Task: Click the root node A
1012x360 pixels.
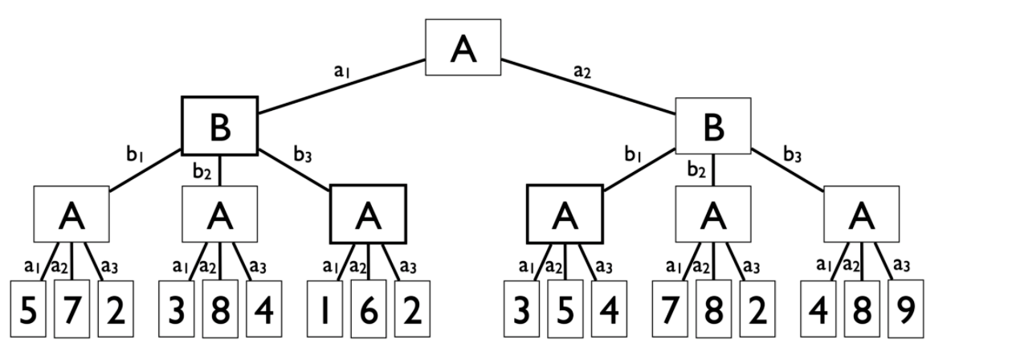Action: pyautogui.click(x=463, y=47)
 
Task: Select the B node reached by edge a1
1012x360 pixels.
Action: pyautogui.click(x=219, y=125)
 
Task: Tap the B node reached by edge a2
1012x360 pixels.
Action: pyautogui.click(x=712, y=126)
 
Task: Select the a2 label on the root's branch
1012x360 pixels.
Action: pyautogui.click(x=582, y=72)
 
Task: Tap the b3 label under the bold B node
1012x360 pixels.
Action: pyautogui.click(x=303, y=155)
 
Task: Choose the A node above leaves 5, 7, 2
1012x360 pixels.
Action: pyautogui.click(x=71, y=214)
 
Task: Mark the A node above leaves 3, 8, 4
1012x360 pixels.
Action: pyautogui.click(x=219, y=214)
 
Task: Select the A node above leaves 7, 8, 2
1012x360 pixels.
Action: pyautogui.click(x=712, y=214)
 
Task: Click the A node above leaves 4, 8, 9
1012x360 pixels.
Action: pyautogui.click(x=861, y=214)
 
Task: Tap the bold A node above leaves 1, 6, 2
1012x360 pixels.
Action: pyautogui.click(x=368, y=214)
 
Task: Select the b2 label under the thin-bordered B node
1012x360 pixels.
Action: pyautogui.click(x=696, y=170)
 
